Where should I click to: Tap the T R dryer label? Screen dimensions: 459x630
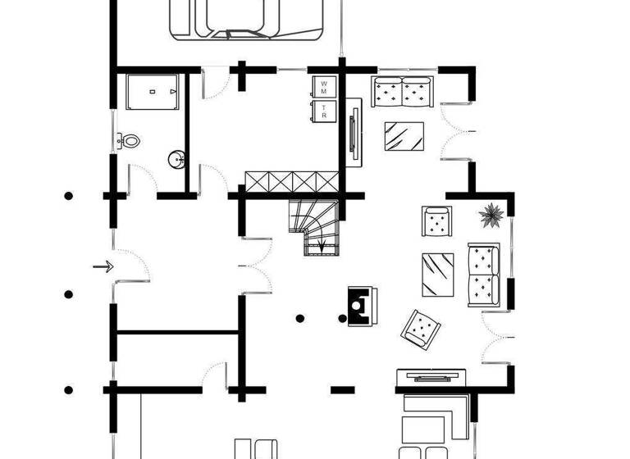click(324, 111)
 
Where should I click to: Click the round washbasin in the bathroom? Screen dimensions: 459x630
click(176, 159)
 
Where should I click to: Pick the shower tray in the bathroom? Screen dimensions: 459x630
click(153, 92)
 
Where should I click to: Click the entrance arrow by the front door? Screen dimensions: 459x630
click(103, 266)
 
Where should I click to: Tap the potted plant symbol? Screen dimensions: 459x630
click(491, 216)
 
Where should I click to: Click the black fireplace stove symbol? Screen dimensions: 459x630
click(360, 306)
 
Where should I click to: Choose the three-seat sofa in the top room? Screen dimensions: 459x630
click(403, 91)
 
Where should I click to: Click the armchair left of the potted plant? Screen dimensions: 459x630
click(437, 221)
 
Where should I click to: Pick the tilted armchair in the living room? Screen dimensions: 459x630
click(421, 328)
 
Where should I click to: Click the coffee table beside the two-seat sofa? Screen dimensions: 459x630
click(437, 274)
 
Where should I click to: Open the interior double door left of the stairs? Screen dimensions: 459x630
click(256, 265)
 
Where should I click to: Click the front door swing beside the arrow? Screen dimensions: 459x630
click(131, 266)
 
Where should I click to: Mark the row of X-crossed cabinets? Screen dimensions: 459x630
click(291, 180)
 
